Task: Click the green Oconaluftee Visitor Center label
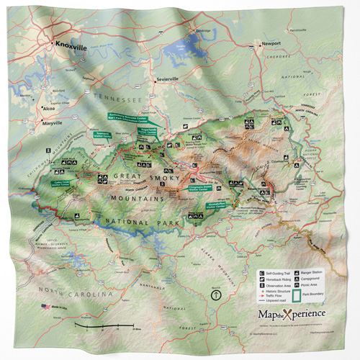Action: (212, 213)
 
